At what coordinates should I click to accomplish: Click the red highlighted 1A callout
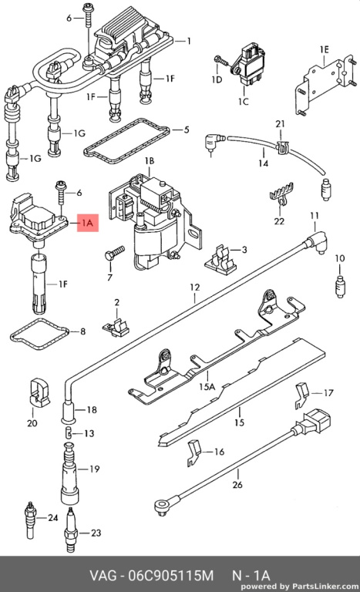[x=88, y=223]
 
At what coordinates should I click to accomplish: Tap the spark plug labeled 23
[x=72, y=530]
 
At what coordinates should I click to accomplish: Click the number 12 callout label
[x=194, y=288]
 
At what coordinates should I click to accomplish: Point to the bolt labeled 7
[x=114, y=253]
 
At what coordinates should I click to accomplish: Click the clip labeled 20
[x=39, y=392]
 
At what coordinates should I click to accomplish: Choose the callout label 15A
[x=207, y=387]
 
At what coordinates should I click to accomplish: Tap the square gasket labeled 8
[x=39, y=333]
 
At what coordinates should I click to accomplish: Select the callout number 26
[x=237, y=484]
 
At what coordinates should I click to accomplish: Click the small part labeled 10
[x=340, y=287]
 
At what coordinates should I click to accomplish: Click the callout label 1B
[x=150, y=161]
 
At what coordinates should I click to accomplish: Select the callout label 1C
[x=244, y=101]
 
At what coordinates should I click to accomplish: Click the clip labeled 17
[x=302, y=395]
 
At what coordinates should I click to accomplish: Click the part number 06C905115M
[x=170, y=576]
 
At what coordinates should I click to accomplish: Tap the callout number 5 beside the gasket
[x=186, y=129]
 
